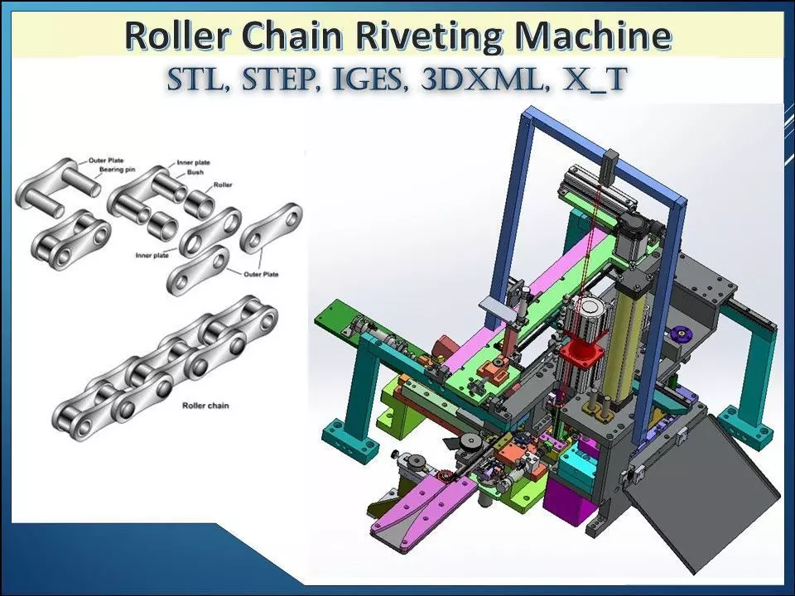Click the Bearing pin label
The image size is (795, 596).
117,169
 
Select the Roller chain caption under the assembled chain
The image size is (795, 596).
208,406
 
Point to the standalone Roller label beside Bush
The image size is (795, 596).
222,185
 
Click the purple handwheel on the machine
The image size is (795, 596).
682,334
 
